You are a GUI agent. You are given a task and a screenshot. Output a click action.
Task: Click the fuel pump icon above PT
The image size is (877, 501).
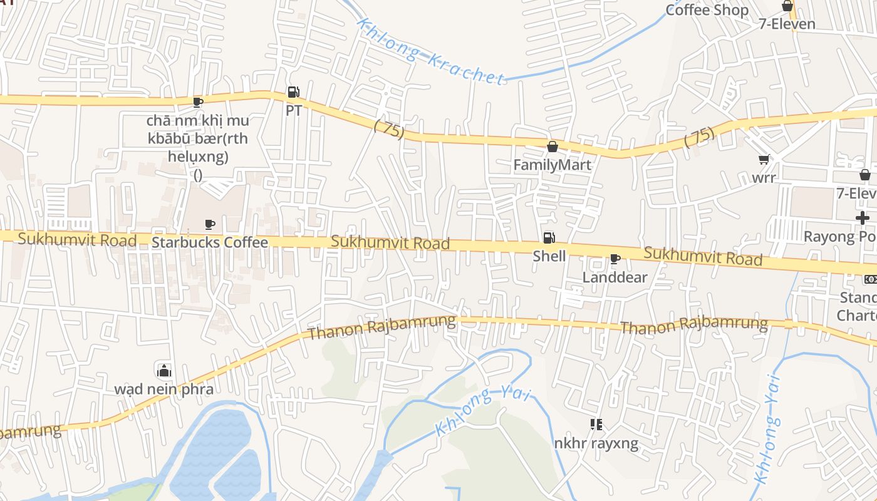click(293, 93)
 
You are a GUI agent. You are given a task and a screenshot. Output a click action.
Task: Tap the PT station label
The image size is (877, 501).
click(294, 111)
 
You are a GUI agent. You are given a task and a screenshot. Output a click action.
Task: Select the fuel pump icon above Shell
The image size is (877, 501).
click(549, 238)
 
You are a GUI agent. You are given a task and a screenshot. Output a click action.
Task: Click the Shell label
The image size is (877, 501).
click(549, 256)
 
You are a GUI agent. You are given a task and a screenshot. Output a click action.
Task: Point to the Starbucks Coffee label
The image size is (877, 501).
click(210, 242)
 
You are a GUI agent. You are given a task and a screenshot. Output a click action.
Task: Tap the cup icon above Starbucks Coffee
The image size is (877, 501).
click(210, 224)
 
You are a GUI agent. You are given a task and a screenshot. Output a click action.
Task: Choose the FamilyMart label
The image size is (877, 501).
click(553, 165)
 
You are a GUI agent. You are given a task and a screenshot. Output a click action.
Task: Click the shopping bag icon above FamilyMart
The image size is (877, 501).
click(552, 147)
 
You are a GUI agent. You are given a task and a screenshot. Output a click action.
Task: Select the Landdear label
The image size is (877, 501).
click(615, 277)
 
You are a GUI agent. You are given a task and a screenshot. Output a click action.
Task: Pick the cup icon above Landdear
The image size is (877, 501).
click(615, 259)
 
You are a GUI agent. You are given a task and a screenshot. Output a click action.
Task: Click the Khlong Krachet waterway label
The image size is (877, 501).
click(430, 52)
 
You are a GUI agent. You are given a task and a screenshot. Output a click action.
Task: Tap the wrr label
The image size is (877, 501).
click(764, 177)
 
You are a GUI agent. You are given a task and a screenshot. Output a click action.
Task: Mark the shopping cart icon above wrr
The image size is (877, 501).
click(764, 160)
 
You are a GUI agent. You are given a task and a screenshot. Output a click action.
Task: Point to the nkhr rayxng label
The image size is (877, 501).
click(596, 443)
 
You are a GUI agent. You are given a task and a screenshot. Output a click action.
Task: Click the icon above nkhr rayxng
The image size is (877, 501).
click(596, 425)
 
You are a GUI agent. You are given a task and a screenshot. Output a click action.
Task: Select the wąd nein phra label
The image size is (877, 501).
click(163, 389)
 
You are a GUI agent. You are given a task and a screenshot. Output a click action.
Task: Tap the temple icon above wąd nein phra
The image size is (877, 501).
click(163, 370)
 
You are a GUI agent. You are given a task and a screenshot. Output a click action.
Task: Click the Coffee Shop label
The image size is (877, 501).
click(707, 10)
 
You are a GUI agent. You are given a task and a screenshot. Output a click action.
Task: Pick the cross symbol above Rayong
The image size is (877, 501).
click(863, 218)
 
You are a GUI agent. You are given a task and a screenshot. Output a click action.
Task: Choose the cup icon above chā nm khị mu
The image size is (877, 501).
click(198, 102)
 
